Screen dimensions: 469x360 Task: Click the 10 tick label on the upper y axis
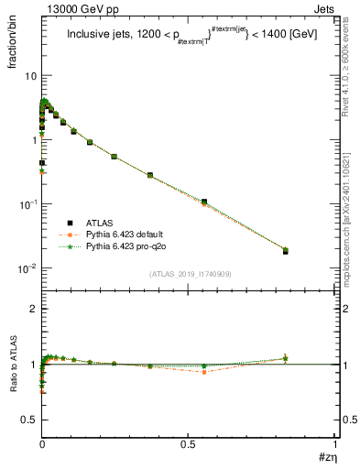coord(29,76)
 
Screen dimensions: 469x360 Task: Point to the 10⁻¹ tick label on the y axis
coord(26,203)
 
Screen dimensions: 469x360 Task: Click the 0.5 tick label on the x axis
coord(188,442)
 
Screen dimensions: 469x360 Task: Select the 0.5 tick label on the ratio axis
coord(28,419)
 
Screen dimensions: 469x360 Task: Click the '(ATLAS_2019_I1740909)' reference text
coord(190,273)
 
